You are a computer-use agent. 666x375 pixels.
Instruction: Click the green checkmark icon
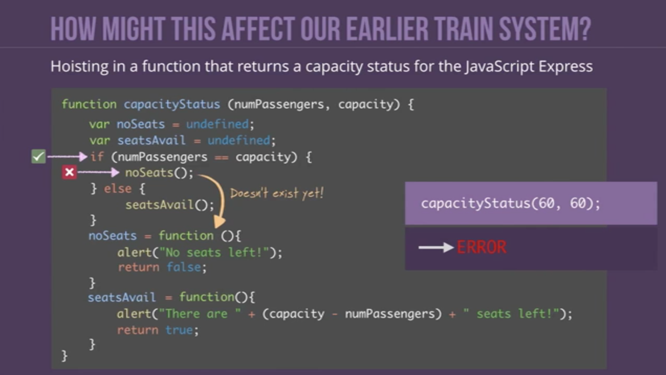point(38,156)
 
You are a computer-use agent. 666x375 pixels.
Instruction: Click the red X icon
point(69,172)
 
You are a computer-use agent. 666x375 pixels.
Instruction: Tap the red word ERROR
point(482,247)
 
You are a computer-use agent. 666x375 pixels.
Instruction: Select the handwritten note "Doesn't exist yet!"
point(277,193)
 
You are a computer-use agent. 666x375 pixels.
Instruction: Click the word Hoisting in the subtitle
point(79,67)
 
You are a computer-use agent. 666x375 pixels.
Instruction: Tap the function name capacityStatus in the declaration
point(172,105)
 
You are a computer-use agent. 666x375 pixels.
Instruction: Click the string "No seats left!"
point(214,252)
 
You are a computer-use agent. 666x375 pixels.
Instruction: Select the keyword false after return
point(184,268)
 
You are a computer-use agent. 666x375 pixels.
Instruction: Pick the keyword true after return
point(179,330)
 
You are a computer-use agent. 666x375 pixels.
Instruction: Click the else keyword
point(118,189)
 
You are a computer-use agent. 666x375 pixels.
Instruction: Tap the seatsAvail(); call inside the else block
point(169,205)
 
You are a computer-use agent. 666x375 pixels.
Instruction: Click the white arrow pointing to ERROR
point(436,247)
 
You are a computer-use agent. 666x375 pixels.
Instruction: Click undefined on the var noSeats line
point(217,124)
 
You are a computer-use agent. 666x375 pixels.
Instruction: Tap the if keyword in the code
point(97,157)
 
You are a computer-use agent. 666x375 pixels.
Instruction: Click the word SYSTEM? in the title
point(545,29)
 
